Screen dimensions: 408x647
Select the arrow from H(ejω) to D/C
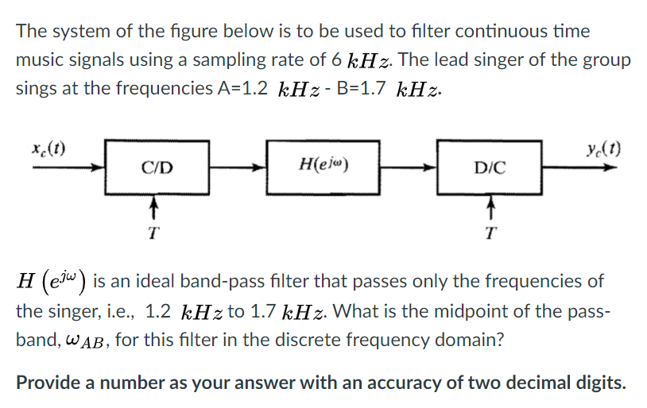coord(408,168)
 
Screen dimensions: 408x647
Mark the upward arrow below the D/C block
coord(490,209)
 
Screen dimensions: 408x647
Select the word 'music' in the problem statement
coord(40,60)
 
